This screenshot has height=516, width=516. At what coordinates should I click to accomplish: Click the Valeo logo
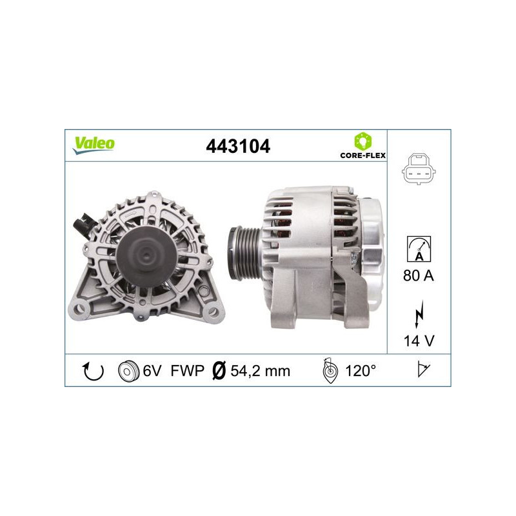pos(93,144)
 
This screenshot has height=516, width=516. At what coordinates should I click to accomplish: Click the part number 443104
pos(237,146)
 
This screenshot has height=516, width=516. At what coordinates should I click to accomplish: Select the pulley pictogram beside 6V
pos(128,371)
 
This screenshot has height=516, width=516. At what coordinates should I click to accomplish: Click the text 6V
pos(152,371)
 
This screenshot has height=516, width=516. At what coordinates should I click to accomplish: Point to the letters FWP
pos(187,371)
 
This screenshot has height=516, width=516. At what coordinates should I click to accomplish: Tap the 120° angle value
pos(360,371)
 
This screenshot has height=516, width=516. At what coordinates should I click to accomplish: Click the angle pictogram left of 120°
pos(330,371)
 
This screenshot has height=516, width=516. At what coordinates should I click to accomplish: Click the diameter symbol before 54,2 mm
pos(218,371)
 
